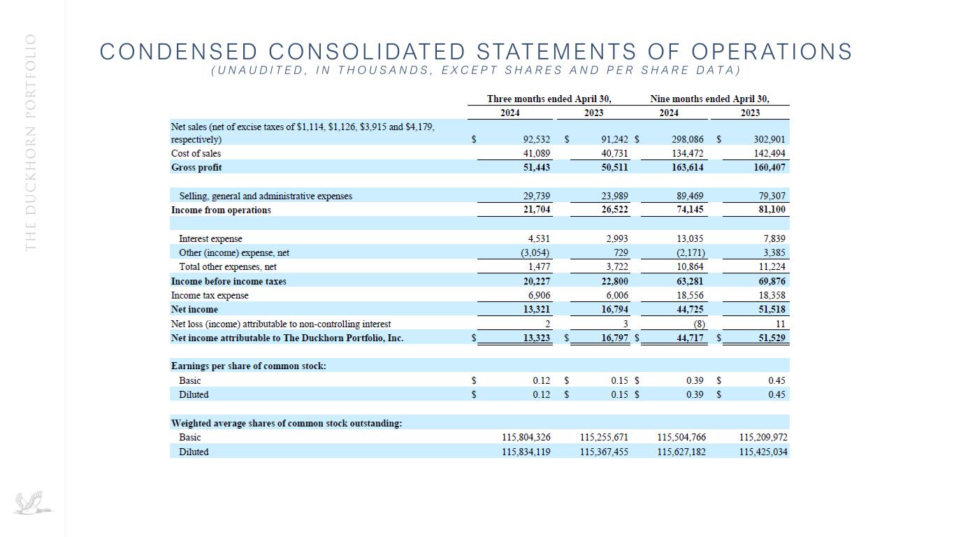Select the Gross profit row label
coord(196,168)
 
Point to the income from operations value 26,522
coord(615,210)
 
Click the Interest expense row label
coord(210,239)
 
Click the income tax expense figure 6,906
coord(536,296)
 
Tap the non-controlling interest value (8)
coord(698,324)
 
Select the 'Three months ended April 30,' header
coord(539,99)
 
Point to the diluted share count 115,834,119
coord(526,452)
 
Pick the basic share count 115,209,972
coord(763,438)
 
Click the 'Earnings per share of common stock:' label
coord(249,366)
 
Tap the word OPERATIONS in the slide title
coord(772,52)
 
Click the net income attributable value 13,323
coord(536,338)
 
